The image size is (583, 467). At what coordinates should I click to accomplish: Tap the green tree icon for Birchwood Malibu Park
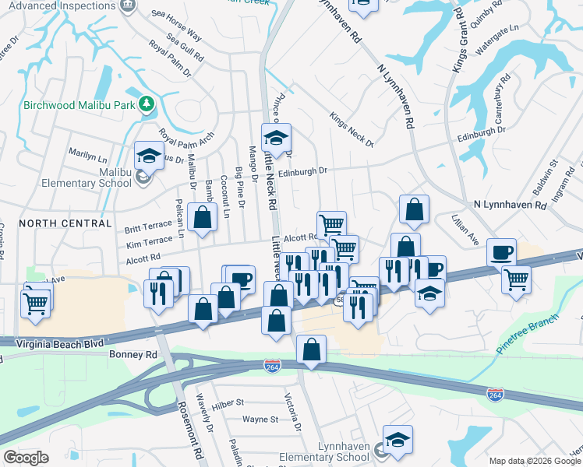[x=146, y=104]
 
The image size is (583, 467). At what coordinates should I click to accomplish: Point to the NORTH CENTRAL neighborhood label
[x=65, y=223]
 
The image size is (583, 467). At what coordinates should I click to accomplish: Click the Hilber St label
[x=228, y=403]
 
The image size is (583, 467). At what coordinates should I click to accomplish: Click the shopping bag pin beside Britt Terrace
[x=203, y=219]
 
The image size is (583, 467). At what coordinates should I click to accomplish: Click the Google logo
[x=26, y=458]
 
